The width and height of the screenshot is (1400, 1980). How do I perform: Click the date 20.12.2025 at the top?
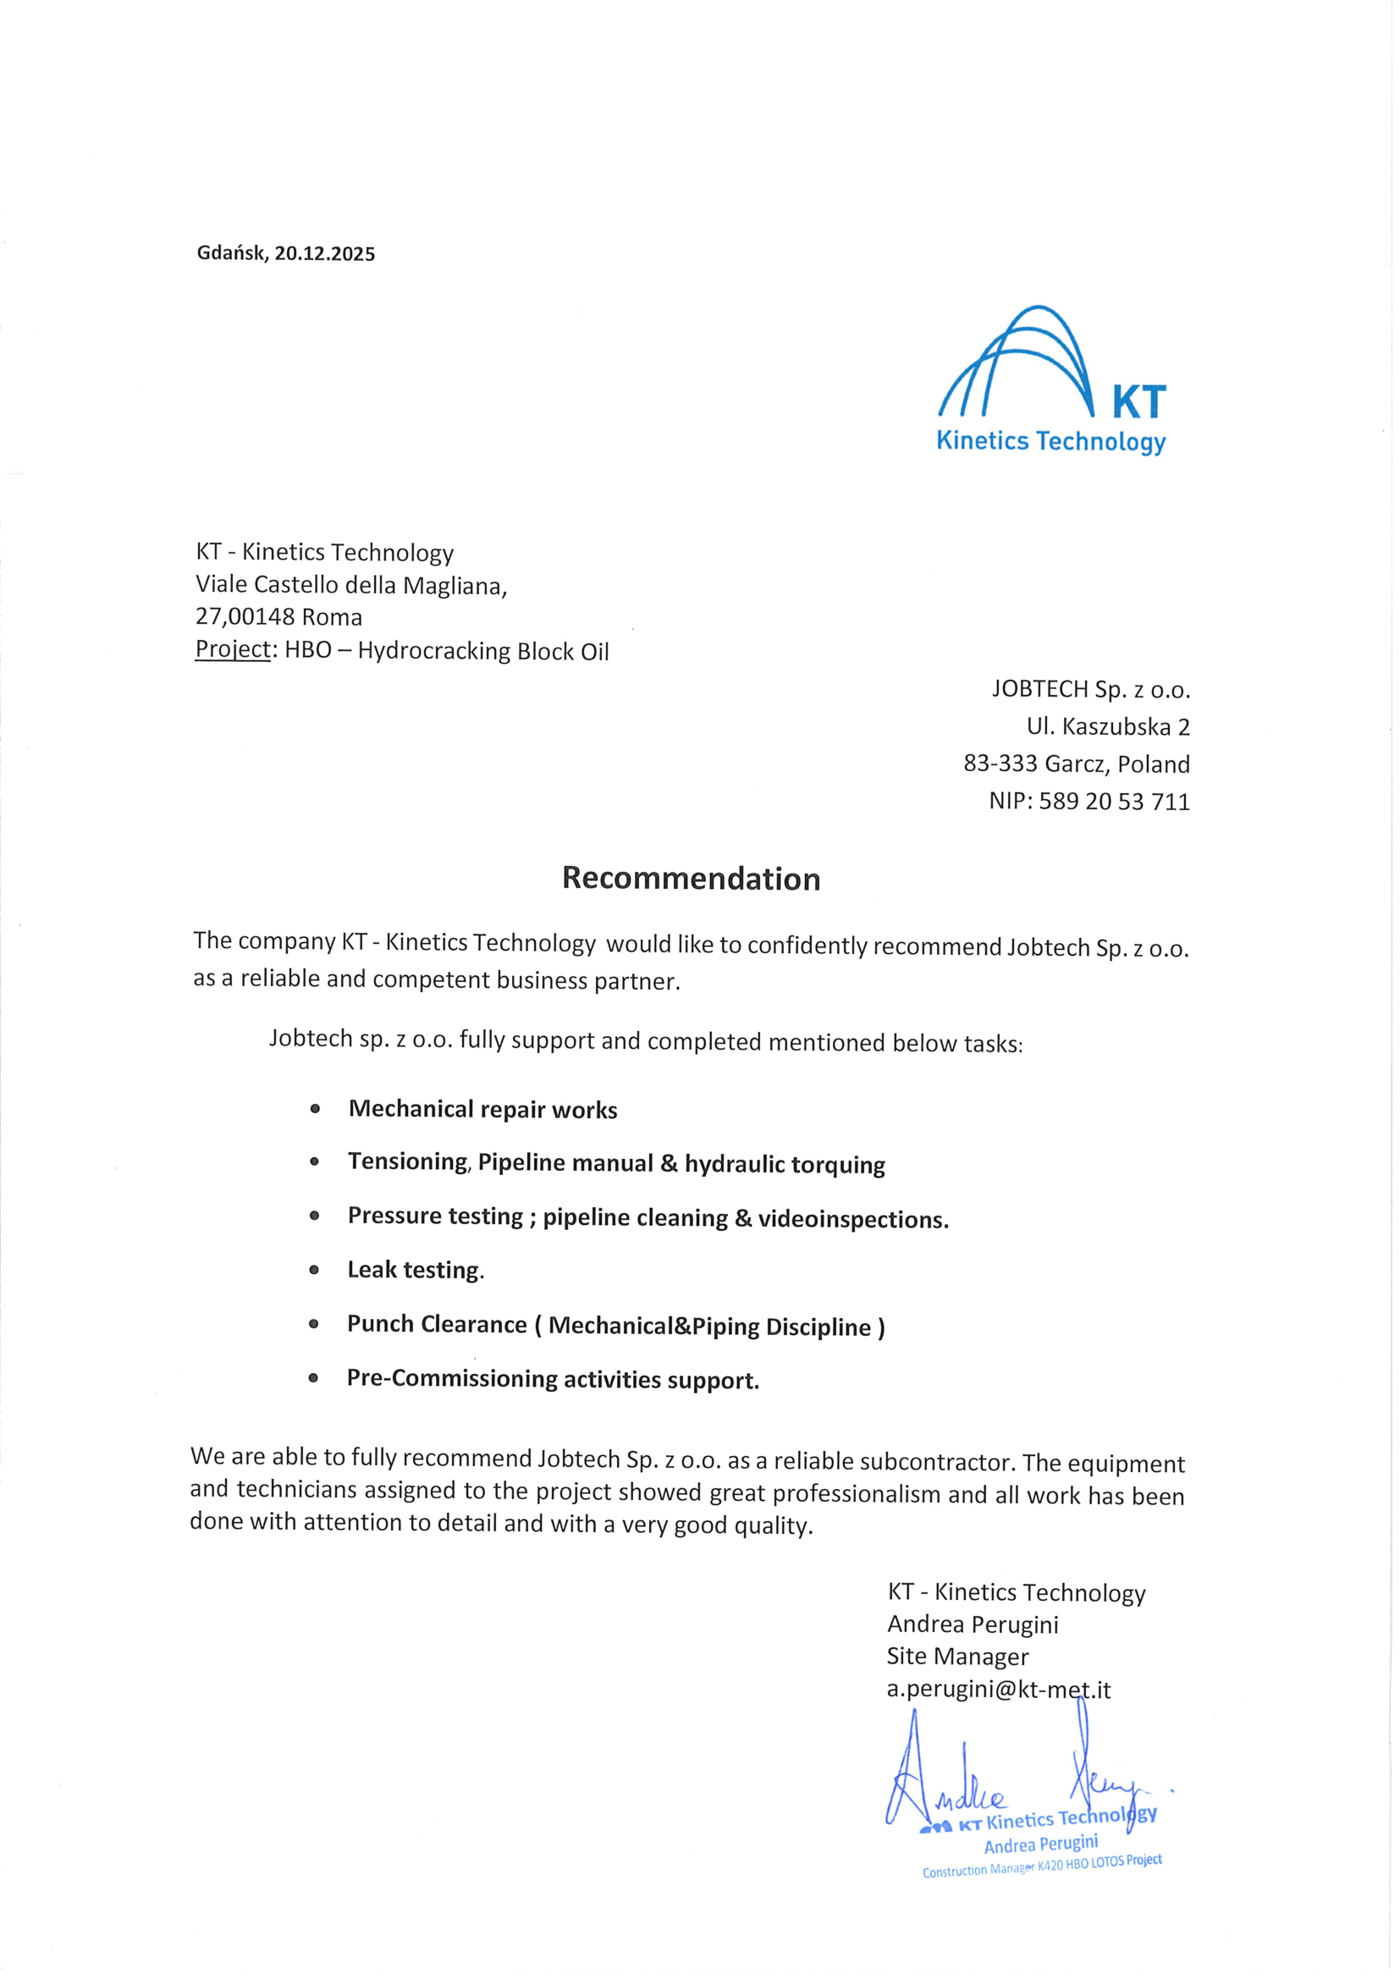click(325, 254)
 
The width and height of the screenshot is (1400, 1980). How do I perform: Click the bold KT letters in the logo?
click(1138, 403)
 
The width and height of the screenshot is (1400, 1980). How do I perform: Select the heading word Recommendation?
click(691, 879)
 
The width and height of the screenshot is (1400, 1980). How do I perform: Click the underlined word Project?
click(233, 649)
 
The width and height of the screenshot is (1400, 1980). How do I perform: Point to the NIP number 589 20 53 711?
click(1114, 802)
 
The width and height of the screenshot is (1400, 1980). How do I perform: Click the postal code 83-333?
click(1000, 764)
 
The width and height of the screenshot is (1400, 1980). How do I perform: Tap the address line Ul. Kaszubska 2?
click(1108, 727)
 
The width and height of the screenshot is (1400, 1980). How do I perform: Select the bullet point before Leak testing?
click(314, 1271)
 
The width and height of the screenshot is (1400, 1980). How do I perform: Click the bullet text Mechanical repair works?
click(482, 1110)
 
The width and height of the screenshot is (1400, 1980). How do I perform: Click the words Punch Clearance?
click(436, 1325)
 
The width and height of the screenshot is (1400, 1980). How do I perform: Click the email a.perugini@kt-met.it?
click(998, 1690)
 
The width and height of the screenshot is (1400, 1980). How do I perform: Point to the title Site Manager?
click(957, 1657)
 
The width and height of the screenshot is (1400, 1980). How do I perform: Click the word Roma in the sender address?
click(332, 617)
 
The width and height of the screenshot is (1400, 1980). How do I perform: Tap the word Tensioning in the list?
click(407, 1162)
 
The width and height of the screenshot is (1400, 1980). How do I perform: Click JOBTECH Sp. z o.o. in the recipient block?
click(1090, 689)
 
